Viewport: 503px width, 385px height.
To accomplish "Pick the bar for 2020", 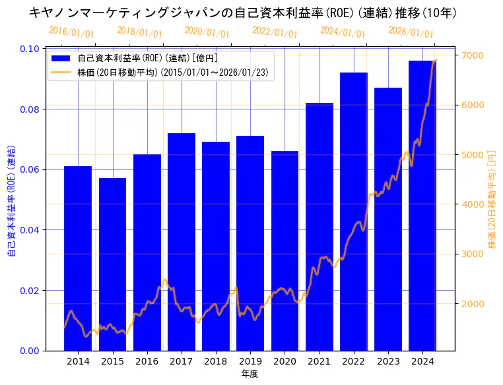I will coord(285,251).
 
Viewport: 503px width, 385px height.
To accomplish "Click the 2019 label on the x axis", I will coord(250,361).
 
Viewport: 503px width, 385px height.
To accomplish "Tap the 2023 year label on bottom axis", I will coord(388,361).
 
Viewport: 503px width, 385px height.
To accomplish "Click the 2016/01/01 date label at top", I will coord(71,32).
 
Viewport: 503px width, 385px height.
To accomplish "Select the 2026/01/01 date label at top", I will coord(411,32).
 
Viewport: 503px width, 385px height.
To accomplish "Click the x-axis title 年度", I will coord(250,374).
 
